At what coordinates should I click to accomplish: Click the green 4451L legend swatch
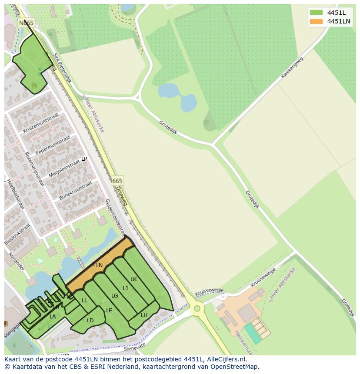pos(316,13)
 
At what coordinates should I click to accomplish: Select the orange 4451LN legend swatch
pos(316,21)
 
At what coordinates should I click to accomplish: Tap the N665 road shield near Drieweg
pos(116,180)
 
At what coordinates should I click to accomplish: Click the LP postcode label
pos(84,159)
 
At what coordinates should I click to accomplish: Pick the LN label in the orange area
pos(99,265)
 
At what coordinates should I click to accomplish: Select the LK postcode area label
pos(133,279)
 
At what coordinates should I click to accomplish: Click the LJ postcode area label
pos(125,288)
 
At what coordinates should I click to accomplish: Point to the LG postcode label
pos(115,296)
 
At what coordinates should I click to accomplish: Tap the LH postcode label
pos(144,315)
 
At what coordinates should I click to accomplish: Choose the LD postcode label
pos(90,321)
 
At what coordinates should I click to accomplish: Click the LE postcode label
pos(109,311)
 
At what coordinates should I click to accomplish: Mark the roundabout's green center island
pos(197,308)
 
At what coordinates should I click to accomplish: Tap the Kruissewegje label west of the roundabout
pos(210,292)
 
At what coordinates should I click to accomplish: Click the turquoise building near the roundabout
pos(253,333)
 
